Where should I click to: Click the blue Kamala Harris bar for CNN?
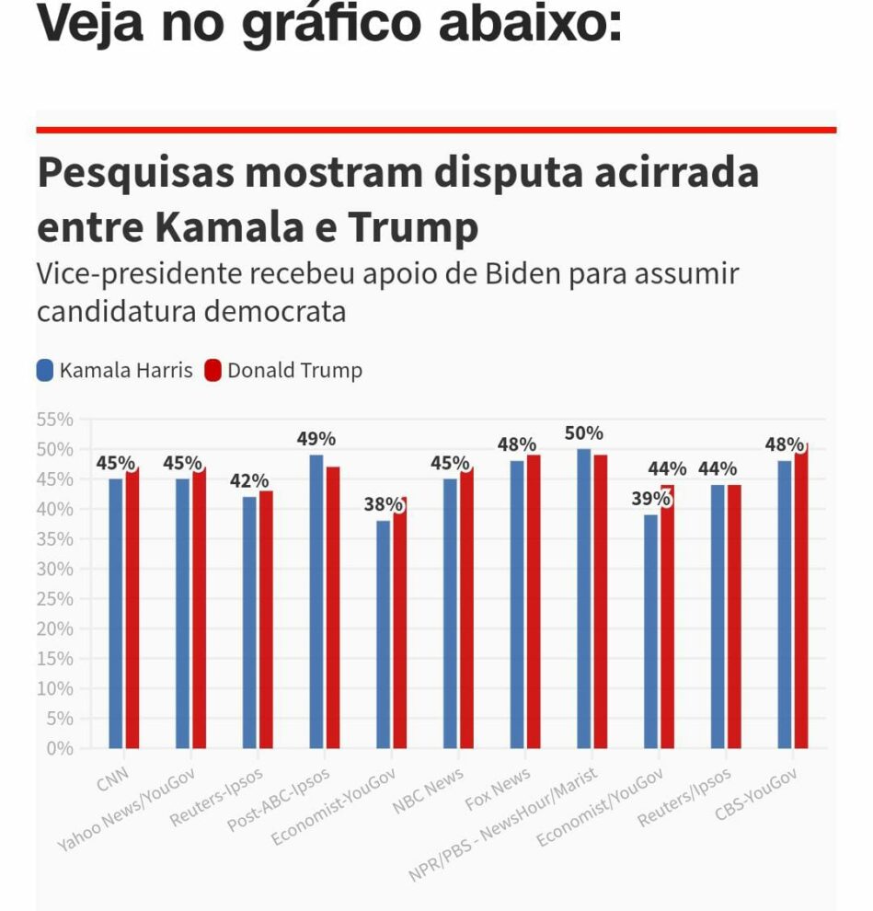click(116, 612)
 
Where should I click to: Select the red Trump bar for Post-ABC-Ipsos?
click(333, 607)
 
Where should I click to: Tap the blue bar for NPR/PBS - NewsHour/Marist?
click(584, 598)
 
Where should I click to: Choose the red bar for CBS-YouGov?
click(801, 598)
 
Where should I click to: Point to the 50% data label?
click(584, 433)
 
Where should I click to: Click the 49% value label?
click(316, 439)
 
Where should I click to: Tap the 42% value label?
click(249, 481)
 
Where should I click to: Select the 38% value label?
click(384, 504)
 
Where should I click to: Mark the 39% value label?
click(651, 498)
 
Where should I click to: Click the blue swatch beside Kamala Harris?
click(45, 371)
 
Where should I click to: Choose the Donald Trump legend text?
click(294, 371)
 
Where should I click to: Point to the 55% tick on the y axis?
click(55, 420)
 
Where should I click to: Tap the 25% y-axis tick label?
click(55, 599)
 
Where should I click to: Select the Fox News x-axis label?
click(499, 790)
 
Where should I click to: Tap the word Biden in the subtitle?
click(516, 274)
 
